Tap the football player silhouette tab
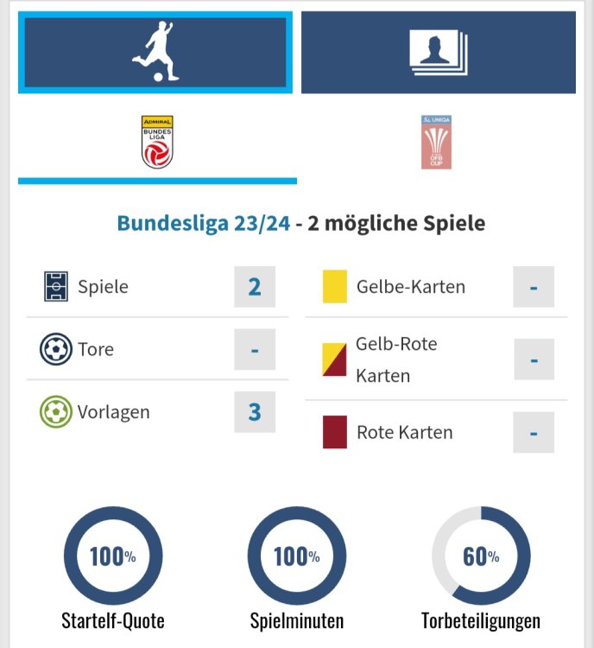click(x=155, y=52)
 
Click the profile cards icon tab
click(x=438, y=52)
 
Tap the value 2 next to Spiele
click(x=255, y=287)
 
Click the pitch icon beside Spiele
click(x=55, y=287)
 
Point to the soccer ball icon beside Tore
click(x=55, y=350)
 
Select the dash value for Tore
click(x=255, y=350)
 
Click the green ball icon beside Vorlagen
click(x=55, y=412)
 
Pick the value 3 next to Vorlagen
click(x=255, y=412)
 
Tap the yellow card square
click(x=334, y=287)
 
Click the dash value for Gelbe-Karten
click(x=534, y=287)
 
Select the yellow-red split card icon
click(x=334, y=359)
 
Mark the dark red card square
click(x=334, y=432)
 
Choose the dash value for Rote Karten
click(x=534, y=432)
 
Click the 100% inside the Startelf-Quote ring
click(x=113, y=556)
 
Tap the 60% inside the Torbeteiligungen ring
click(x=481, y=556)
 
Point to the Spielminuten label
click(x=297, y=620)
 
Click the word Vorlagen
click(x=113, y=412)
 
